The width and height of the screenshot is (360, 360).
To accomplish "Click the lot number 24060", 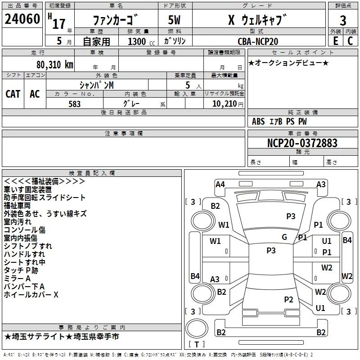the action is pos(22,19).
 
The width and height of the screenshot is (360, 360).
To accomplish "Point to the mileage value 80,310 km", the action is pos(55,65).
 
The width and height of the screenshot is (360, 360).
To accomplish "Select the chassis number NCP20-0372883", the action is pos(302,143).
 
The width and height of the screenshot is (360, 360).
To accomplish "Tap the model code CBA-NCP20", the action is pos(258,41).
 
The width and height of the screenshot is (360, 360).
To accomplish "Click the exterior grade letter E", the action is pos(335,41).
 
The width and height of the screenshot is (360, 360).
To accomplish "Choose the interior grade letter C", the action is pos(350,41).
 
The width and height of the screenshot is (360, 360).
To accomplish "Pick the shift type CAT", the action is pos(13,94).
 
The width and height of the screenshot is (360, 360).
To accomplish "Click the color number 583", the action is pos(75,104).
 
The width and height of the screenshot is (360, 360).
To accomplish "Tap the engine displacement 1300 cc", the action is pos(141,41).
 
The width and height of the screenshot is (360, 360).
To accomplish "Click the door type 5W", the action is pos(174,20).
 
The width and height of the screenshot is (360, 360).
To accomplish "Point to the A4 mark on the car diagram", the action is pos(220,184).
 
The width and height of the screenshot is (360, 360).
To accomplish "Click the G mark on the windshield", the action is pos(284,237).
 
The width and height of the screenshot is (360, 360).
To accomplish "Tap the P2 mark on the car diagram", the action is pos(288,300).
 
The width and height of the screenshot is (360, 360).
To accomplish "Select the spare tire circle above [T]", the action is pos(197,328).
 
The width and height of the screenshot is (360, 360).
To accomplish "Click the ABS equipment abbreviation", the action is pos(258,121).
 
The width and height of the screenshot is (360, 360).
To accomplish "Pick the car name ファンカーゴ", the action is pos(116,20).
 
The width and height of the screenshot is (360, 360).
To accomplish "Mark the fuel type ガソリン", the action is pos(175,41).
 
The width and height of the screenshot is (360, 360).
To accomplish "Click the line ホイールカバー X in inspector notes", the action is pos(31,295).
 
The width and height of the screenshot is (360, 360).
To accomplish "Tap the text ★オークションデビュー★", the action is pos(288,63).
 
